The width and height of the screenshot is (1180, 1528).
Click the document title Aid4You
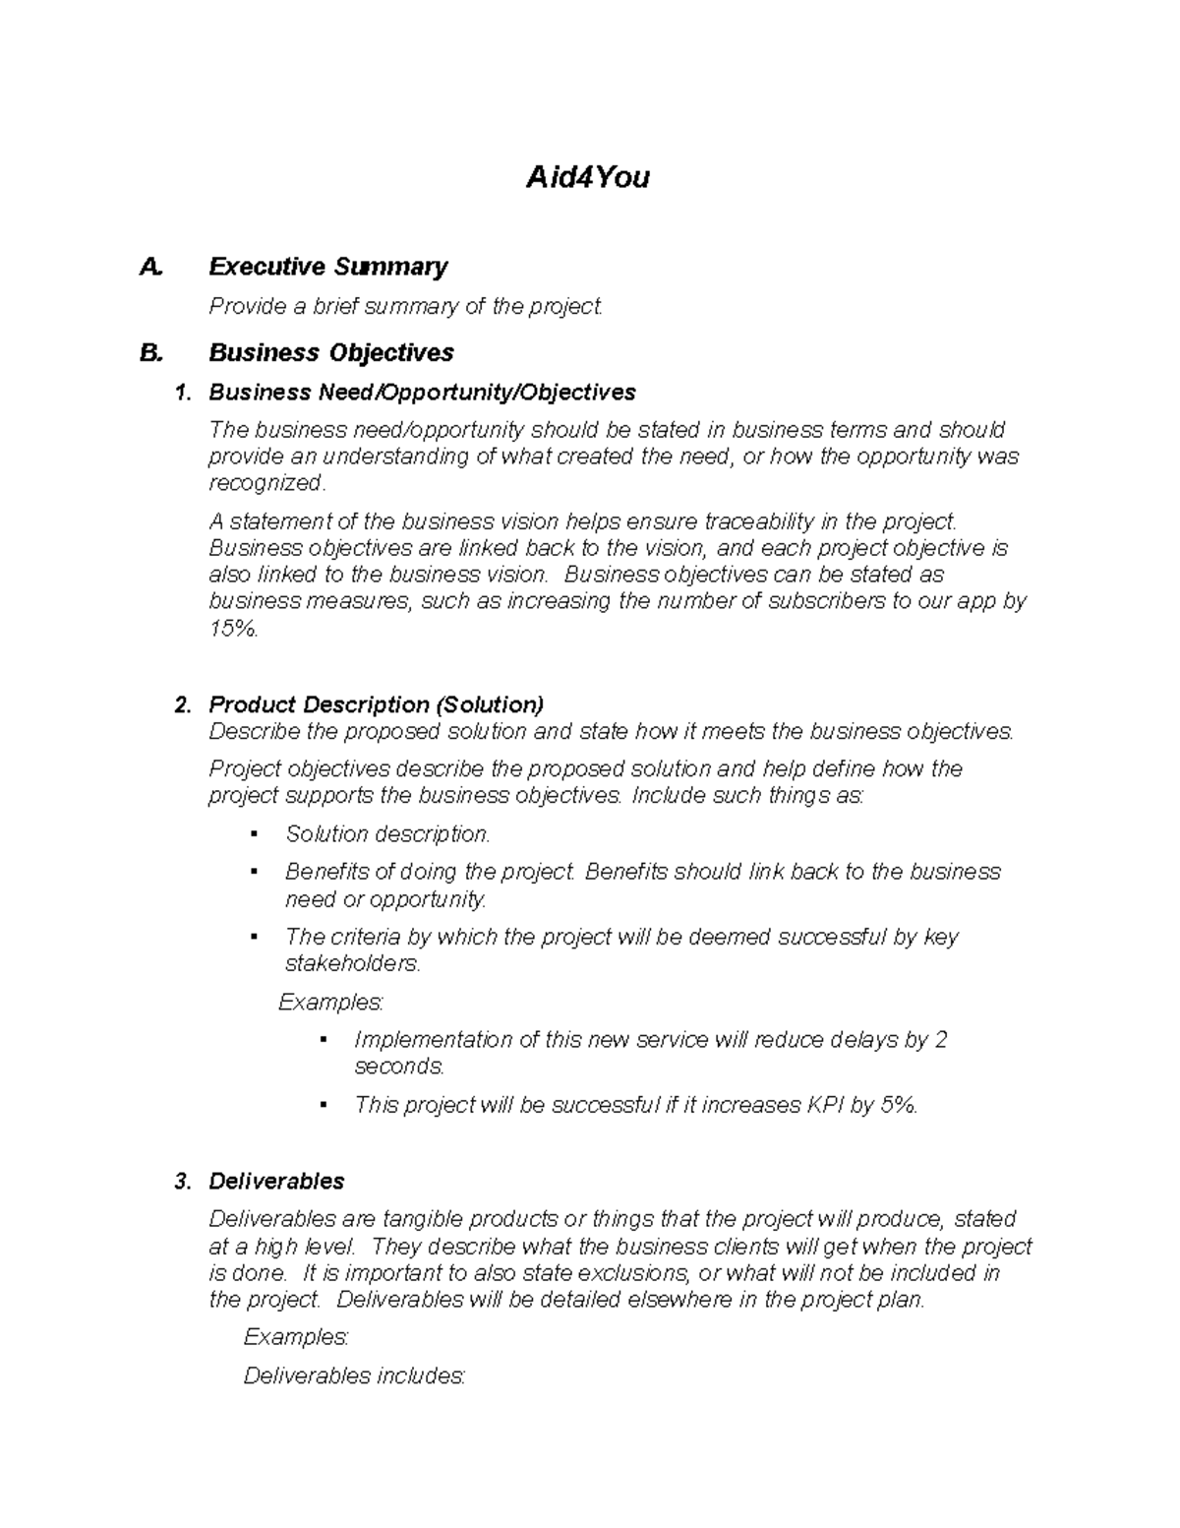coord(587,177)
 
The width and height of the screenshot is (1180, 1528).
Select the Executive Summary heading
coord(327,267)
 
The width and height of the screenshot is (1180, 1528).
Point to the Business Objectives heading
coord(330,352)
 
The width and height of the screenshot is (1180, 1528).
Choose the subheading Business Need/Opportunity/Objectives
coord(422,393)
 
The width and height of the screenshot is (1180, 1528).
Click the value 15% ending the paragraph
coord(233,629)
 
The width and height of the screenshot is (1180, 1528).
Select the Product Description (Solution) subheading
coord(376,704)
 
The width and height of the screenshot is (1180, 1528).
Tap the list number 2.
coord(181,705)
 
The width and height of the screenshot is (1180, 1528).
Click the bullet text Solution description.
coord(386,834)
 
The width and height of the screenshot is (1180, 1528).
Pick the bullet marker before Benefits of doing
coord(255,872)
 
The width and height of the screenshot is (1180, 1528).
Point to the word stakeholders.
coord(351,963)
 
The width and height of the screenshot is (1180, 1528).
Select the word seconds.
coord(399,1067)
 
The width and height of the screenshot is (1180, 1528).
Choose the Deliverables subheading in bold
coord(276,1181)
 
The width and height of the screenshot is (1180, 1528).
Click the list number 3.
coord(181,1182)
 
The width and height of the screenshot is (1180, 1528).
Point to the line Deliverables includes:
coord(354,1375)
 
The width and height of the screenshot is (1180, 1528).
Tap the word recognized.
coord(265,483)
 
